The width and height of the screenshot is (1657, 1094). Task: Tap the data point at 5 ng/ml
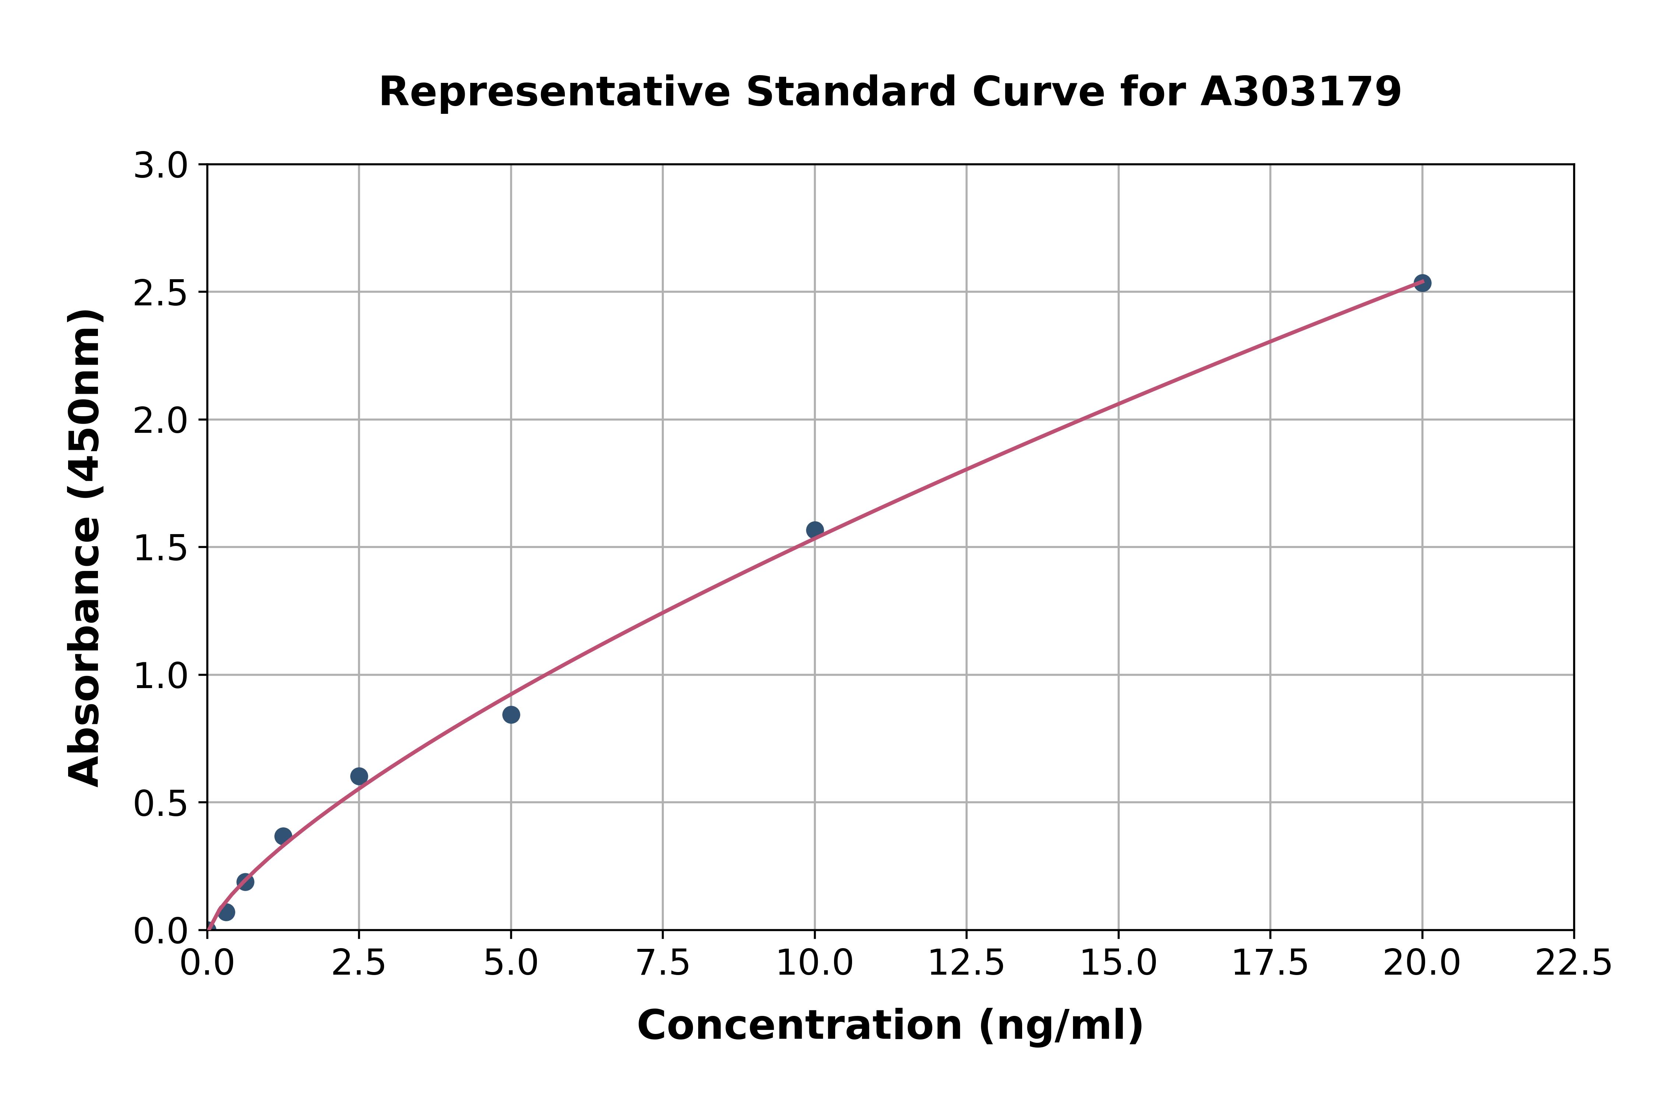(x=511, y=715)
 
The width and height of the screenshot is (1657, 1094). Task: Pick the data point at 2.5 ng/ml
(x=359, y=776)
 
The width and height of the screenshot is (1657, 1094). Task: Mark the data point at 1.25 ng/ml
(x=283, y=836)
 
